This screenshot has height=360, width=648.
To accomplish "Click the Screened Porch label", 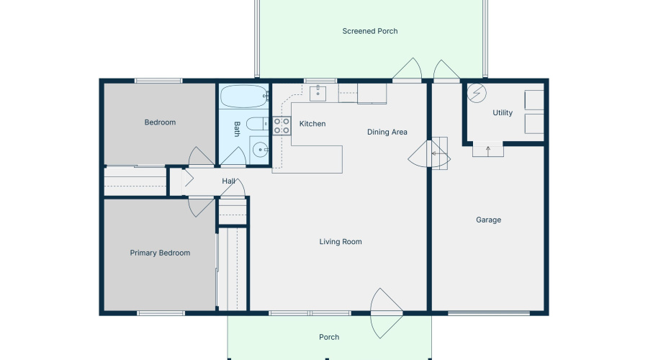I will (369, 31).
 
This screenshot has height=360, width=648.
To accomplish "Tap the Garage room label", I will (488, 220).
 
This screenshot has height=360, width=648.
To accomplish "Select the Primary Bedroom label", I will (160, 253).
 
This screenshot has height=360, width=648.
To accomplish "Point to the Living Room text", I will (341, 242).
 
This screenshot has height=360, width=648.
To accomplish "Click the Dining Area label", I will (387, 132).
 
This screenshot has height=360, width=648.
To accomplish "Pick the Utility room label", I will (503, 113).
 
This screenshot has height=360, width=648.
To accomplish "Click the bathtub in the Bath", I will (243, 96).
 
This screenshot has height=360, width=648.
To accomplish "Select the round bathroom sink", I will (260, 150).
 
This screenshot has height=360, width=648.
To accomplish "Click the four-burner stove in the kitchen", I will (281, 126).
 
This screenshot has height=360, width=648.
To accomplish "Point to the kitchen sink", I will (318, 93).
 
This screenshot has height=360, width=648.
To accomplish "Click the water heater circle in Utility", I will (477, 93).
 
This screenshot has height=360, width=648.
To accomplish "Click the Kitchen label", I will (312, 124).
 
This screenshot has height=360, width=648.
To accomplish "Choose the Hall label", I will (229, 181).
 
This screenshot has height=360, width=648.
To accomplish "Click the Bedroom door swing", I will (201, 157).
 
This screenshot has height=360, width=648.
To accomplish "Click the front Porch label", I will (329, 337).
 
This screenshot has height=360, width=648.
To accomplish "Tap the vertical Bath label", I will (237, 129).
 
